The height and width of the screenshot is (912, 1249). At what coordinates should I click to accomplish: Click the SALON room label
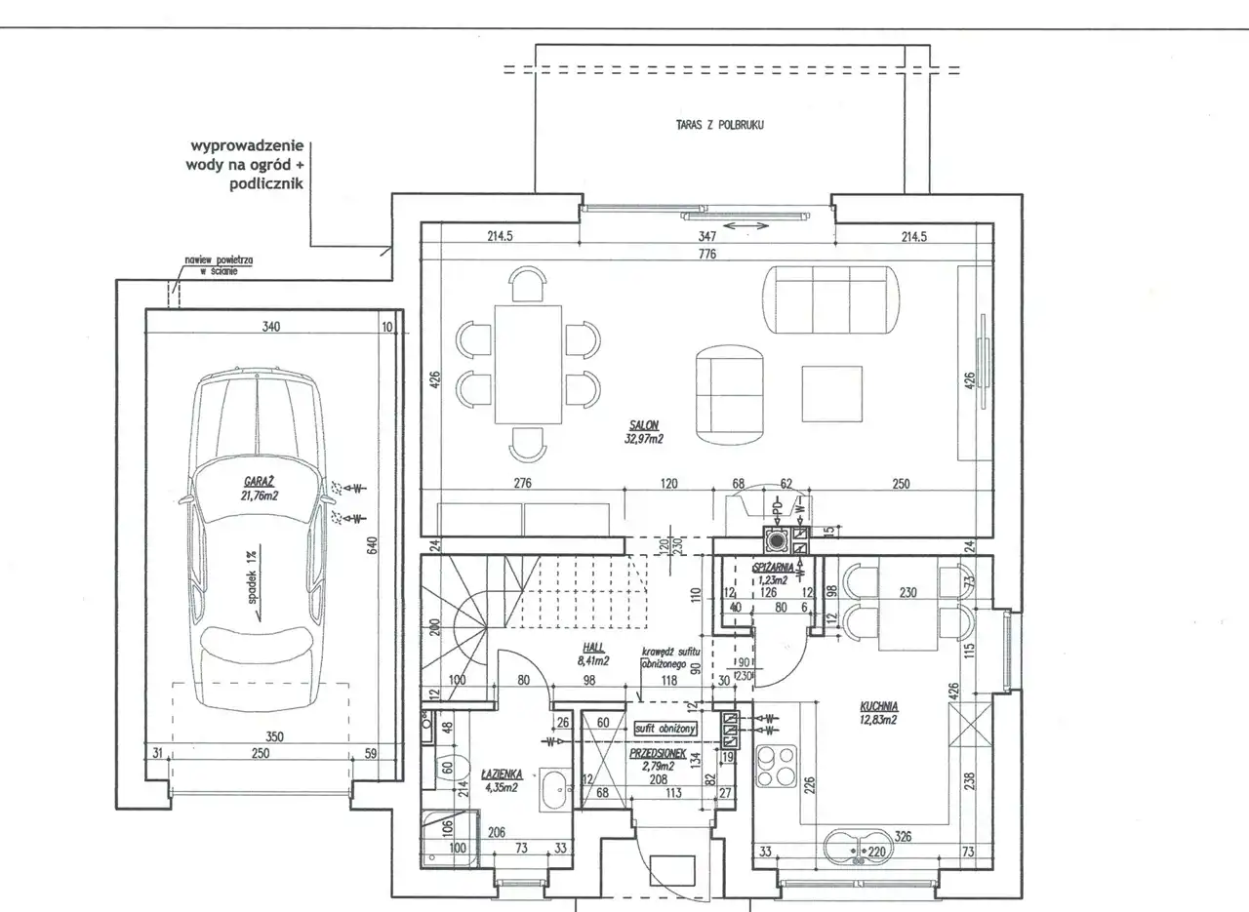(645, 424)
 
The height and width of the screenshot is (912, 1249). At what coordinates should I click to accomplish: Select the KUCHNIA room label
(878, 707)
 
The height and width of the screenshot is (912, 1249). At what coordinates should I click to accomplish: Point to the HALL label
(592, 647)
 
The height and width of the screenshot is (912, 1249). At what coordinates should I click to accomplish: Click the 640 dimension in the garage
(372, 546)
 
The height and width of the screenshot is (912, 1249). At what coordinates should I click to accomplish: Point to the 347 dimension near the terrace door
(707, 236)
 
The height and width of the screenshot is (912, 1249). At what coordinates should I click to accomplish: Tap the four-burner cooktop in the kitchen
(777, 767)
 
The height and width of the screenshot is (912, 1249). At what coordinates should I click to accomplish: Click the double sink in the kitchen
(859, 849)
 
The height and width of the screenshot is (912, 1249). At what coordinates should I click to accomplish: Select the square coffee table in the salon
(832, 393)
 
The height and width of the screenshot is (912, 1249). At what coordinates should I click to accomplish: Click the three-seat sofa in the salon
(831, 298)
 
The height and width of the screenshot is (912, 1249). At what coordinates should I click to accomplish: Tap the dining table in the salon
(528, 365)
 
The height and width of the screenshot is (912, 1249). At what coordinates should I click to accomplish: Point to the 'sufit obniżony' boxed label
(664, 729)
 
